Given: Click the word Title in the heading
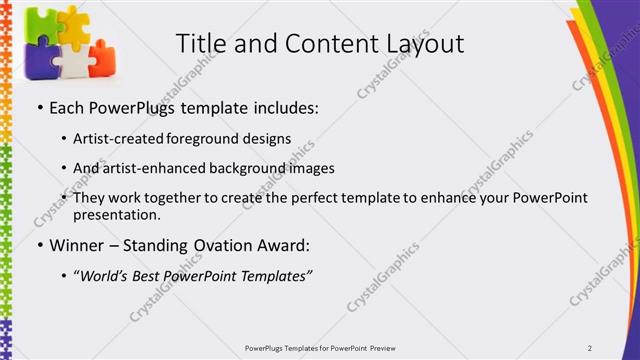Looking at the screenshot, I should click(200, 44).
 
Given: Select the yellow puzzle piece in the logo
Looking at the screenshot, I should click(72, 27).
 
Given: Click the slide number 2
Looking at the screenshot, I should click(590, 347).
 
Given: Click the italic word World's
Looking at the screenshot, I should click(107, 276).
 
